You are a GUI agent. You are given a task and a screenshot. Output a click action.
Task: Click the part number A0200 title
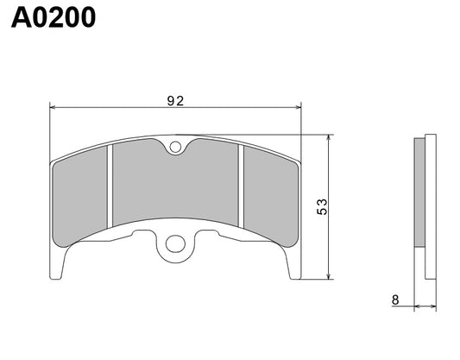(x=53, y=19)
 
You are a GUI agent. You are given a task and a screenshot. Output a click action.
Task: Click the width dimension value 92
(x=176, y=100)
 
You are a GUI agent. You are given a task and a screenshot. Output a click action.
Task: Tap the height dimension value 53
(x=321, y=206)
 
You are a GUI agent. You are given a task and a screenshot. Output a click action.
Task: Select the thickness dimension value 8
(x=395, y=300)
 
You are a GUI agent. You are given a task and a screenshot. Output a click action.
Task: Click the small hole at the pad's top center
(x=176, y=147)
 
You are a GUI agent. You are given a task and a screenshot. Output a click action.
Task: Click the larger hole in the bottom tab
(x=176, y=244)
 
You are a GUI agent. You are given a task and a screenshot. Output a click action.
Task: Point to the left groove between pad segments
(x=110, y=190)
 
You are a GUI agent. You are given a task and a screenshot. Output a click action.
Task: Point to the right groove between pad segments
(x=243, y=190)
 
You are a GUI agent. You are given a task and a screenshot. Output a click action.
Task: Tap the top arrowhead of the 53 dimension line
(x=330, y=139)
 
